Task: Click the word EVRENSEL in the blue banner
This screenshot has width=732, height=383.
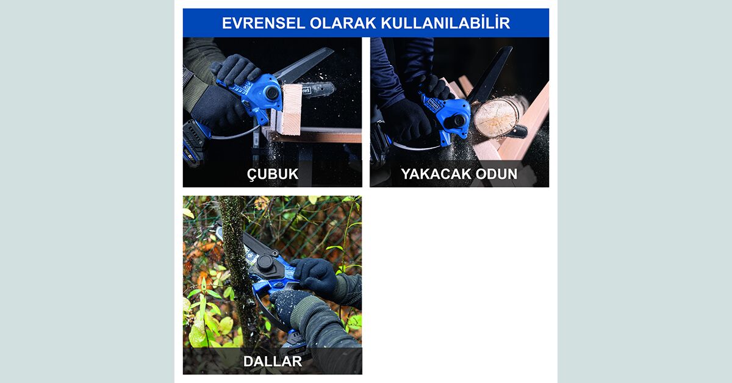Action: [x=264, y=23]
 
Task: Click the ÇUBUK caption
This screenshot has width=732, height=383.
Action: [x=273, y=174]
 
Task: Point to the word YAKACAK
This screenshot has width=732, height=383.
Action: [x=436, y=174]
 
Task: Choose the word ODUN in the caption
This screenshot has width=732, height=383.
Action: [x=497, y=174]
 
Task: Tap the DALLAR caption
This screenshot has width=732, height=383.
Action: [x=273, y=362]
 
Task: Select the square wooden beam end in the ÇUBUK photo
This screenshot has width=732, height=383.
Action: [x=290, y=110]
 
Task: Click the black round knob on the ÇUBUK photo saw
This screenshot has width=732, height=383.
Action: [x=272, y=93]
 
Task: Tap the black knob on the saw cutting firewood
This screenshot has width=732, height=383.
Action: [x=459, y=121]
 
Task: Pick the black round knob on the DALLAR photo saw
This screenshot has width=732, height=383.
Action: [x=265, y=262]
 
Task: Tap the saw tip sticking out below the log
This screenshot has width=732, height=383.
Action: [x=518, y=131]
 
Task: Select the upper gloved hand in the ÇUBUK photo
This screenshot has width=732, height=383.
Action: [x=236, y=70]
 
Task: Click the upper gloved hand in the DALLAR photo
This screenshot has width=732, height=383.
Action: [x=314, y=274]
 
